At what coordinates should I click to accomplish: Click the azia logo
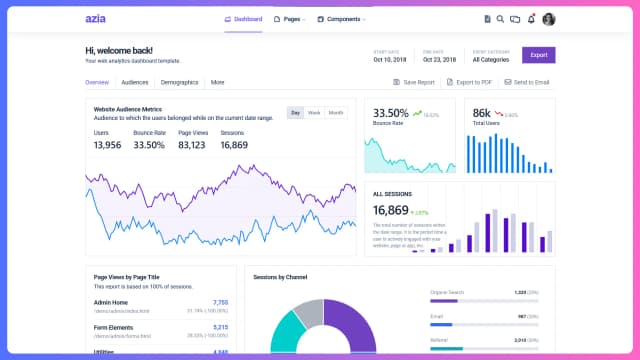click(97, 18)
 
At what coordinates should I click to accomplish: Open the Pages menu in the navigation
click(292, 18)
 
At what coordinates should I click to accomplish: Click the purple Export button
click(539, 55)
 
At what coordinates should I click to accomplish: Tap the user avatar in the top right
click(548, 18)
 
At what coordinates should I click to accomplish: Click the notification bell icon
click(531, 18)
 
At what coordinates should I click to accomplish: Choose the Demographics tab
click(179, 82)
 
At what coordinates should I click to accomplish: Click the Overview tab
click(97, 82)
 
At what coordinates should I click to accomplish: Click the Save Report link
click(414, 82)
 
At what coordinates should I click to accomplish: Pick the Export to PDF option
click(468, 82)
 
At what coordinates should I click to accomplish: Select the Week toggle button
click(314, 112)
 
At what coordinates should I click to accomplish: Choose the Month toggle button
click(336, 112)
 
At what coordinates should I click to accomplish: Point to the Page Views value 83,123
click(192, 145)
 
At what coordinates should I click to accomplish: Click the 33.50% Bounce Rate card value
click(390, 113)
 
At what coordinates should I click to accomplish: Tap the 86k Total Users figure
click(481, 113)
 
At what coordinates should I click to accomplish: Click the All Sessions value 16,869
click(390, 210)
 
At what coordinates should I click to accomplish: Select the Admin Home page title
click(110, 302)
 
